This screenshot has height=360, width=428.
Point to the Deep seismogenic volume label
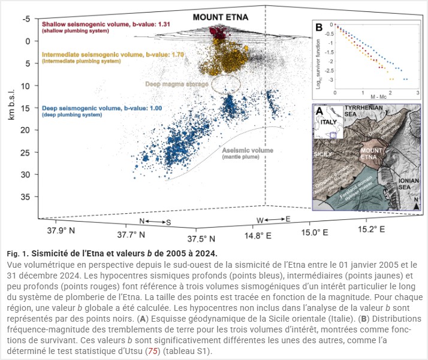(x=94, y=108)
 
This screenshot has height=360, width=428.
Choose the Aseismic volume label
(x=248, y=150)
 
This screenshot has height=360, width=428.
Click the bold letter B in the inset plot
(x=319, y=27)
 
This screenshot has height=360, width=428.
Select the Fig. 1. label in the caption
(x=17, y=253)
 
